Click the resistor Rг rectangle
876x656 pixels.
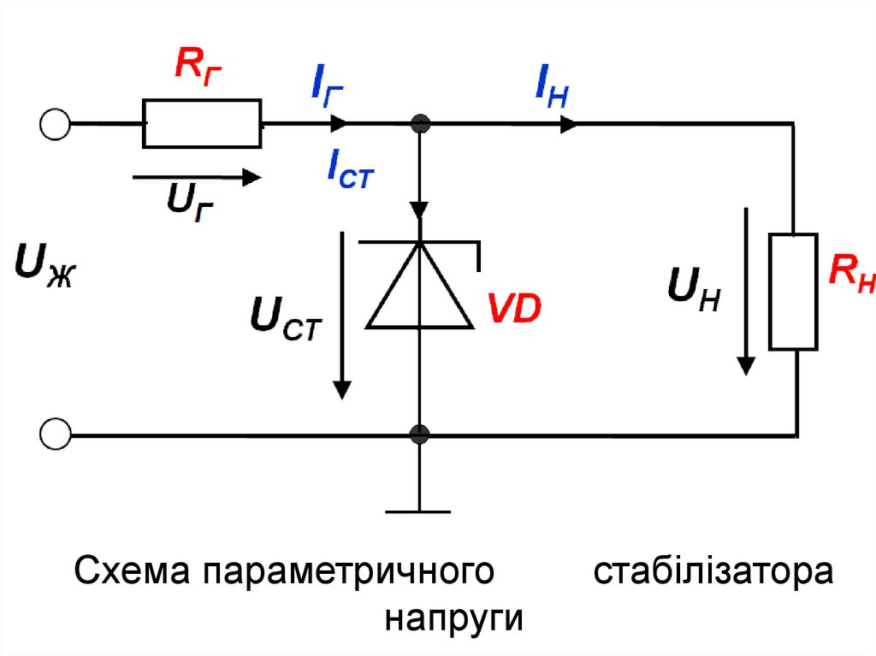pos(203,123)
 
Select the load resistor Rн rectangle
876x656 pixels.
pos(793,291)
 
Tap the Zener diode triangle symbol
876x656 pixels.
pos(420,287)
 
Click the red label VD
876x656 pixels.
pos(514,309)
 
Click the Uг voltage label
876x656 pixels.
pos(190,203)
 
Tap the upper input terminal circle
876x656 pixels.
pos(55,124)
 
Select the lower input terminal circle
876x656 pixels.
pos(55,434)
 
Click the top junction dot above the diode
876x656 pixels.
pos(419,124)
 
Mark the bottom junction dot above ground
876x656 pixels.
pos(419,434)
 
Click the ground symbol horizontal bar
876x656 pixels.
pos(418,511)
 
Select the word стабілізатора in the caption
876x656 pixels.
pos(713,570)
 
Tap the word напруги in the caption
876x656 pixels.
pos(453,618)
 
